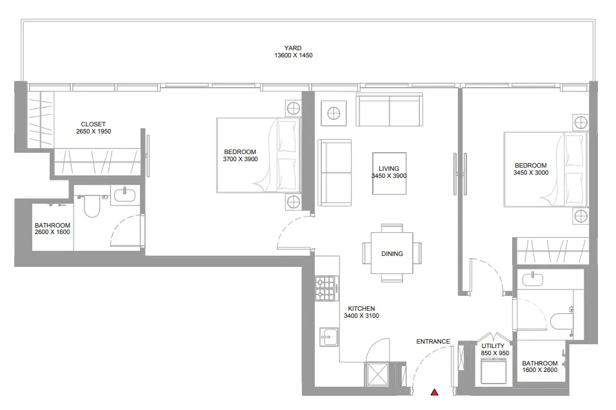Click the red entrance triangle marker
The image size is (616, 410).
tap(435, 392)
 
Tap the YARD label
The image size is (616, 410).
tap(293, 48)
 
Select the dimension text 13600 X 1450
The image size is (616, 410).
tap(293, 55)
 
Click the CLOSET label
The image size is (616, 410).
tap(93, 124)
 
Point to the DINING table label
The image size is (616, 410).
tap(392, 254)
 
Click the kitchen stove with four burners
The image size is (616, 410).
tap(326, 288)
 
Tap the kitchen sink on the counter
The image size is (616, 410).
tap(329, 337)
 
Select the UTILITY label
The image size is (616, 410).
tap(493, 346)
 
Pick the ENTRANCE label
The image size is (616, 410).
tap(433, 342)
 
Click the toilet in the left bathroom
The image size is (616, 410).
tap(92, 207)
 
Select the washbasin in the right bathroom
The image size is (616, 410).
tap(533, 280)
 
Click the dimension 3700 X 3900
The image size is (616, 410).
tap(240, 159)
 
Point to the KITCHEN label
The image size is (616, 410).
tap(361, 309)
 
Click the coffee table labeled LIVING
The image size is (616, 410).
tap(390, 173)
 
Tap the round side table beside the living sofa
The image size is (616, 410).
tap(333, 113)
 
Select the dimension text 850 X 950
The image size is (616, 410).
tap(495, 353)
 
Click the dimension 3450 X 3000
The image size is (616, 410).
tap(531, 172)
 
